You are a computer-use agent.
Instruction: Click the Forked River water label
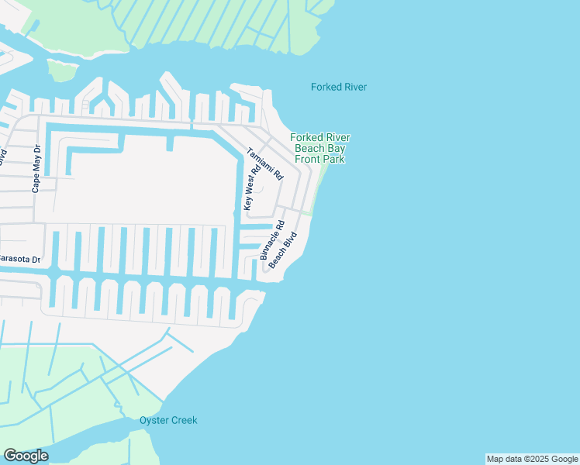(339, 87)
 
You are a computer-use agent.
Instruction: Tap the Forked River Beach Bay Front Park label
(320, 148)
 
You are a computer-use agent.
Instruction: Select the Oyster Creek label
(168, 420)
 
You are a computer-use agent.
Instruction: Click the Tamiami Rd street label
(265, 164)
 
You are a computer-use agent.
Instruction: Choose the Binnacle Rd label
(273, 239)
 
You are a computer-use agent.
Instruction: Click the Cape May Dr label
(35, 170)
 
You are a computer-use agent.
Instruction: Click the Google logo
(26, 456)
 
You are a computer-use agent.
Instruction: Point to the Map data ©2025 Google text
(532, 459)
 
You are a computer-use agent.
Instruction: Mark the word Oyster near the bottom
(154, 420)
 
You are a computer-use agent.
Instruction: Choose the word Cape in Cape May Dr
(35, 184)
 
